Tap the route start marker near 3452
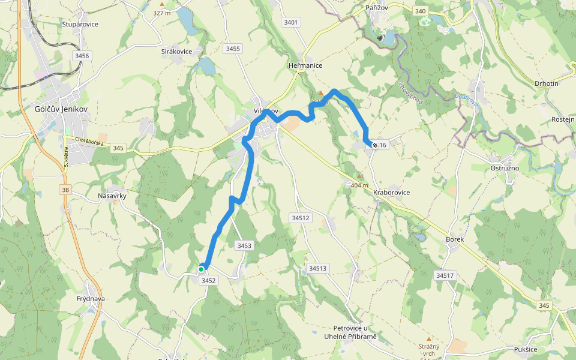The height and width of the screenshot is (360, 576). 201,269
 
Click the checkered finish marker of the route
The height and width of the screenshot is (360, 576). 375,144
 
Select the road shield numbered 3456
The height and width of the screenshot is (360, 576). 82,56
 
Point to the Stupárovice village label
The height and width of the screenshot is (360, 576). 80,25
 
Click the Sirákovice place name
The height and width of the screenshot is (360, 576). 176,52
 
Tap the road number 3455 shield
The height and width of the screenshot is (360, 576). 233,49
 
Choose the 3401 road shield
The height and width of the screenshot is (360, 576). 290,22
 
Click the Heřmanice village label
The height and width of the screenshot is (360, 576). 305,65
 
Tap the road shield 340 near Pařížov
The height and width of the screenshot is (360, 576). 420,11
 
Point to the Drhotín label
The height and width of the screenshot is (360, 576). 546,83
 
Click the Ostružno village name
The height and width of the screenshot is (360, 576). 503,168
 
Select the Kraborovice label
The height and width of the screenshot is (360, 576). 391,193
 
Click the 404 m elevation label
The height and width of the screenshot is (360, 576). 359,185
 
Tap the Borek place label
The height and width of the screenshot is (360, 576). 455,239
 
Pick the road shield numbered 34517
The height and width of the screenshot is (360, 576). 445,275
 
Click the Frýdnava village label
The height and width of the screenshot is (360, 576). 91,298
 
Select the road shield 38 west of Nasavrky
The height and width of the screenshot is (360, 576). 64,190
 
